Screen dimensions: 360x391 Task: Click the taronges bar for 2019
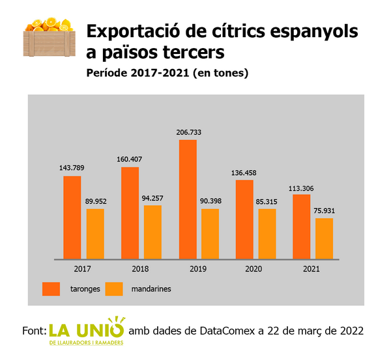[188, 199]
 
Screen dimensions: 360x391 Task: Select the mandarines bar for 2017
[95, 234]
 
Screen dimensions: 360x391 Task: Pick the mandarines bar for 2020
[267, 234]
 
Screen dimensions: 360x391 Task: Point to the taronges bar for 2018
[130, 213]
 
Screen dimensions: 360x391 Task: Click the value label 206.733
[188, 132]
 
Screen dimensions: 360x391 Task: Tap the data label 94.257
[153, 198]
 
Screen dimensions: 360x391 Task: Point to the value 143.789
[72, 169]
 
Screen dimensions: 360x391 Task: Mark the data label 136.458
[244, 173]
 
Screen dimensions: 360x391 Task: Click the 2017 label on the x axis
[82, 269]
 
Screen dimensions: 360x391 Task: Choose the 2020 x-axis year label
[254, 269]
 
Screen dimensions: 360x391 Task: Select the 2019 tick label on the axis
[196, 269]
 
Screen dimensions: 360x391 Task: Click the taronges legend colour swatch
[51, 288]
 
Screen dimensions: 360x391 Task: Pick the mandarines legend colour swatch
[114, 288]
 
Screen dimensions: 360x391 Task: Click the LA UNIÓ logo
[87, 332]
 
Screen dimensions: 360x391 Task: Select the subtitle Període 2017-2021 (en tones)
[167, 74]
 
